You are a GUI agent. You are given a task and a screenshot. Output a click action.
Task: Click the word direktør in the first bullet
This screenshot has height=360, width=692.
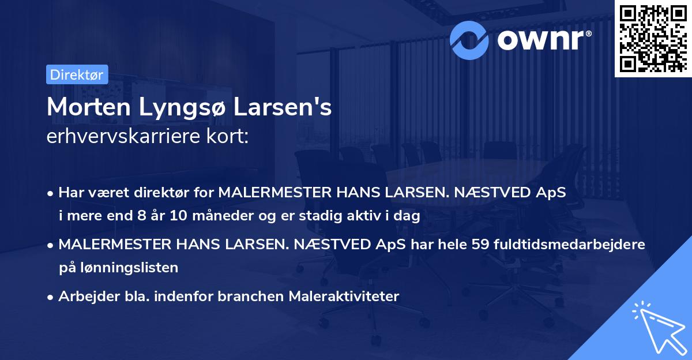coord(145,193)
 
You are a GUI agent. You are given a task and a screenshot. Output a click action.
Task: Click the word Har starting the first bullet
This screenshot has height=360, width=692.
coord(70,193)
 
